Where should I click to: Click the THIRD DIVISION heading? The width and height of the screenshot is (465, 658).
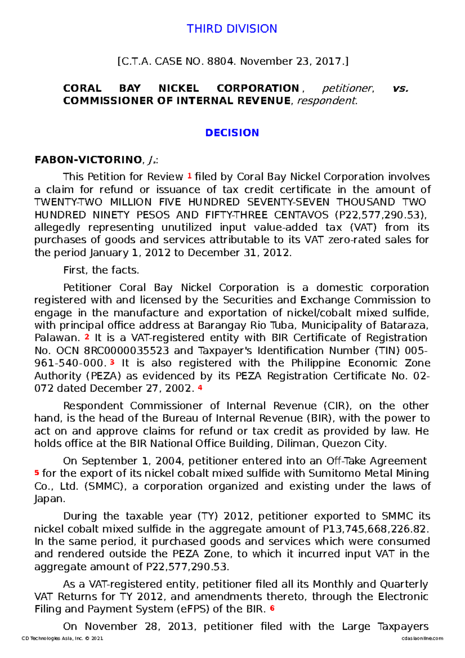tap(232, 29)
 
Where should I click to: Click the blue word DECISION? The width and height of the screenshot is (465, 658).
tap(232, 133)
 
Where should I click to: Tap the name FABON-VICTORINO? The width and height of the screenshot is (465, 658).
tap(88, 160)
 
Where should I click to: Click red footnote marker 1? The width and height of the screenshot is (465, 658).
tap(189, 176)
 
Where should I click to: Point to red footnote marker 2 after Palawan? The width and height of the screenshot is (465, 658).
tap(87, 337)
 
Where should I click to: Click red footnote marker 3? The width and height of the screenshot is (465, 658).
tap(112, 362)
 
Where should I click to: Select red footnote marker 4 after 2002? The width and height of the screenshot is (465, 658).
tap(200, 387)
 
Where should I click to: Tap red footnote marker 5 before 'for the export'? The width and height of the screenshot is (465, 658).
tap(37, 472)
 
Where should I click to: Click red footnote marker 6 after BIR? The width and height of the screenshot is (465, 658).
tap(272, 608)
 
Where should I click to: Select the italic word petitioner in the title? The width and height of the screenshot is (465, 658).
tap(348, 88)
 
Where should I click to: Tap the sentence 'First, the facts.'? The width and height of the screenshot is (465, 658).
tap(101, 270)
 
